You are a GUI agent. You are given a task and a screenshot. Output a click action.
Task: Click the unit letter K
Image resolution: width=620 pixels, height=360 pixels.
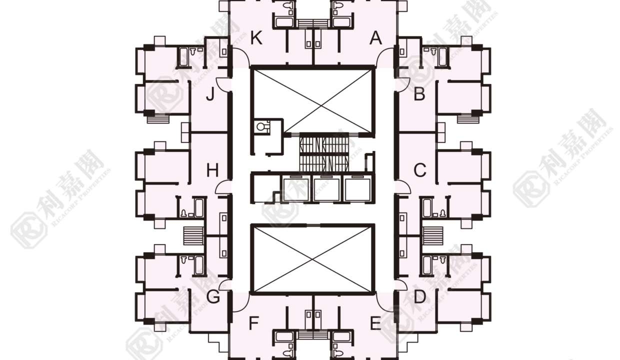(256, 38)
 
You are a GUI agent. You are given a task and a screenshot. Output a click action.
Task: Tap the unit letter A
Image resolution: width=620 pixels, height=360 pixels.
(375, 38)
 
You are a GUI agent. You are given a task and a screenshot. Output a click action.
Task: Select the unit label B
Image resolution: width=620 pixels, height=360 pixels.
(419, 94)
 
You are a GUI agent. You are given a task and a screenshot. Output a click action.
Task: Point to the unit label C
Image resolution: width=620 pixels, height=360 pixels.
(420, 170)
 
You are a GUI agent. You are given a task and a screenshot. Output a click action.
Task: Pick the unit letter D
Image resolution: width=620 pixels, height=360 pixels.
(419, 297)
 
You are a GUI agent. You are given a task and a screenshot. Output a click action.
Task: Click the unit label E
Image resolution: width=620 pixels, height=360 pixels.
(375, 323)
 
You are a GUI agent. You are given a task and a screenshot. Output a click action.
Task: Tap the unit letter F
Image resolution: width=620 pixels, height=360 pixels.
(254, 323)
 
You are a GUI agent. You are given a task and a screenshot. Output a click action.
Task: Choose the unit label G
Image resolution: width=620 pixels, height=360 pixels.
(213, 297)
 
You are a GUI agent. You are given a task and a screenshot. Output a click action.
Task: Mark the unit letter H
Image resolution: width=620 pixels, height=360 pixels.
(212, 170)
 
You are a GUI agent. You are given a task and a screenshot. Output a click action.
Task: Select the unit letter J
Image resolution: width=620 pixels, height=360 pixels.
(210, 94)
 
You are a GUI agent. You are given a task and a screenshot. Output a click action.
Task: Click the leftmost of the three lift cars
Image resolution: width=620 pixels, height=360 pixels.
(296, 189)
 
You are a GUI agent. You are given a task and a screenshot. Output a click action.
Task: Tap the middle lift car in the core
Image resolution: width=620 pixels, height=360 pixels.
(326, 189)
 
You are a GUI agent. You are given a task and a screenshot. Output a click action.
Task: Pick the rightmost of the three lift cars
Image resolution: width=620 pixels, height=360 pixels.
(357, 189)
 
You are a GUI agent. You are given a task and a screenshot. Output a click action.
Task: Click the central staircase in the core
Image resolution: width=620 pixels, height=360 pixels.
(324, 152)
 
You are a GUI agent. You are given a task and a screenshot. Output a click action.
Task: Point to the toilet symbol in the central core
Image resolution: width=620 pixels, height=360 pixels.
(261, 126)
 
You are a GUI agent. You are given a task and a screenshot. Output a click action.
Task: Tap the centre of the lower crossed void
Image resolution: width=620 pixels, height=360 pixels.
(313, 259)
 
